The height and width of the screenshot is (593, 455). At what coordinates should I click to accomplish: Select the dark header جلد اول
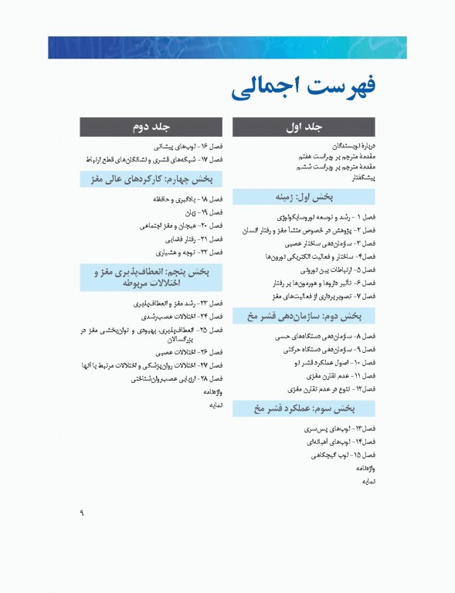coord(304,126)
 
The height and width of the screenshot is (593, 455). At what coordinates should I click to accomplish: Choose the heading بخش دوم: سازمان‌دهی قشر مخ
coord(304,317)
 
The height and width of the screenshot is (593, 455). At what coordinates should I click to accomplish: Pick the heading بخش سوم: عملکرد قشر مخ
coord(304,408)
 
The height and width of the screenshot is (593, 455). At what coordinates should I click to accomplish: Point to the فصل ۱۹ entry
coord(210,212)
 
